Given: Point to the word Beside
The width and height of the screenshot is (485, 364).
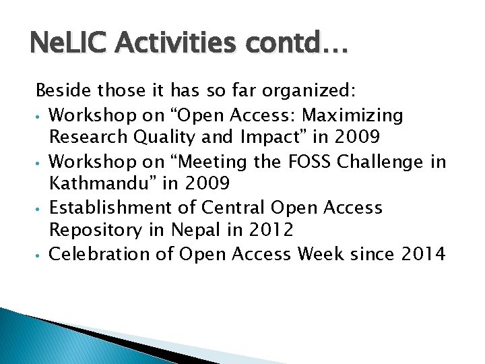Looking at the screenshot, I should (x=61, y=90).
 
